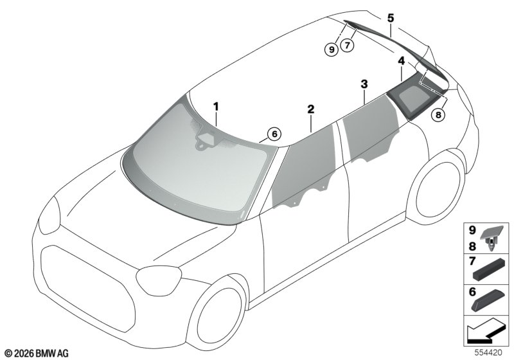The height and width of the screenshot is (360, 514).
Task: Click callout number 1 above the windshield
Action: tap(216, 107)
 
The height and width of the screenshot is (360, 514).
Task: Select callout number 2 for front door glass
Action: tap(311, 109)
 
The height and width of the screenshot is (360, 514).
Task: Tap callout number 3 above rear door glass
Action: tap(364, 84)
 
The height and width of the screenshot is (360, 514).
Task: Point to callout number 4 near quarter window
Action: tap(401, 60)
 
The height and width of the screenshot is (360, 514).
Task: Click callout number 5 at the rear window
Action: tap(391, 18)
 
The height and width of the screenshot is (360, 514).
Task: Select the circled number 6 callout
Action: tap(274, 134)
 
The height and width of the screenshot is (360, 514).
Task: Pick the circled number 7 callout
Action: tap(347, 44)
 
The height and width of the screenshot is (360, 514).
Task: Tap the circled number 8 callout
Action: tap(438, 114)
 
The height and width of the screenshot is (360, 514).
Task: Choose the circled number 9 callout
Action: tap(332, 50)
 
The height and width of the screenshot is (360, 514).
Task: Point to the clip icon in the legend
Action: tap(491, 238)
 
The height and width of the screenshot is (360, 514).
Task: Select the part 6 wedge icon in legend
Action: tap(488, 300)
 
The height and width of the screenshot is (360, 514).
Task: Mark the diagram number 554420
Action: tap(488, 352)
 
